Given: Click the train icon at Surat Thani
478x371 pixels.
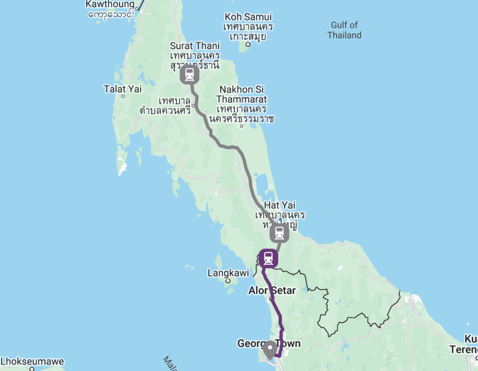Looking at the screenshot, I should (x=190, y=75).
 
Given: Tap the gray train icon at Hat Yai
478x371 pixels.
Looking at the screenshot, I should (x=279, y=233).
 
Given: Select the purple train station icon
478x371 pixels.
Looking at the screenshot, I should (x=268, y=258).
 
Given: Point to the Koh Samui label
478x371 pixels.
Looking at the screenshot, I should (x=248, y=17).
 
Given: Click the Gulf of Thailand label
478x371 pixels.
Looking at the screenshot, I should (x=344, y=30).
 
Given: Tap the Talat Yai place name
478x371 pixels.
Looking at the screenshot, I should (x=123, y=89).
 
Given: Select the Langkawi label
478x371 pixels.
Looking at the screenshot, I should (x=228, y=273).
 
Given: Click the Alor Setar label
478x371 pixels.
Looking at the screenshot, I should (x=272, y=290).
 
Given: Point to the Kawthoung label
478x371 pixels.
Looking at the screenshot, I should (x=110, y=5).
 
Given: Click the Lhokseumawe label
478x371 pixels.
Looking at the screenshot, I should (x=32, y=362).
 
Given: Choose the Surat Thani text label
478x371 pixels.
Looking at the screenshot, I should (x=195, y=46).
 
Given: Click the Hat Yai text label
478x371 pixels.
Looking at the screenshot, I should (x=280, y=205).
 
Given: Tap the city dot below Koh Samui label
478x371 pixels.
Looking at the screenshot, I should (x=248, y=45).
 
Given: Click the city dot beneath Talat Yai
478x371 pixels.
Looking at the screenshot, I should (x=123, y=96).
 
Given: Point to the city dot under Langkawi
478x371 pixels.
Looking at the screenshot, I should (x=228, y=281).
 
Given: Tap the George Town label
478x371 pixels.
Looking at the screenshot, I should (x=268, y=344).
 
